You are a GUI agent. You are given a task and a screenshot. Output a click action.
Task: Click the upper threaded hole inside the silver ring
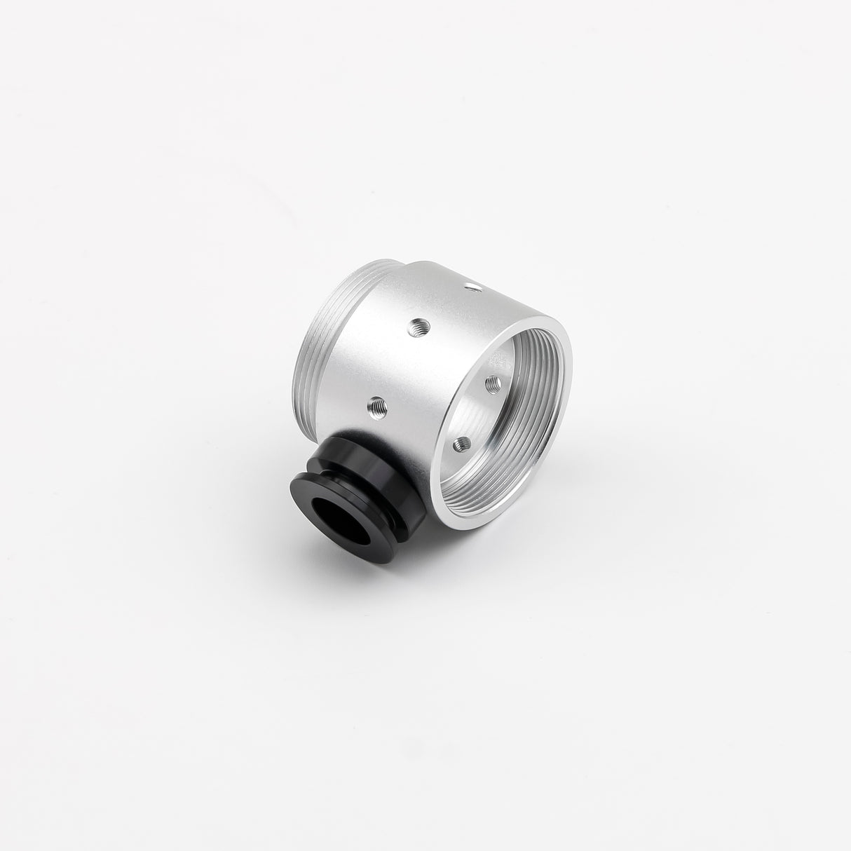pyautogui.click(x=493, y=383)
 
